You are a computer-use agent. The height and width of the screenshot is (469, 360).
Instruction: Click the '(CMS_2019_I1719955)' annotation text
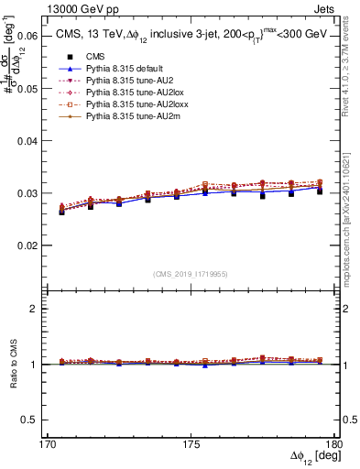pyautogui.click(x=191, y=272)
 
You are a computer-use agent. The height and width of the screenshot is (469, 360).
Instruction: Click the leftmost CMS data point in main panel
pyautogui.click(x=61, y=211)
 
